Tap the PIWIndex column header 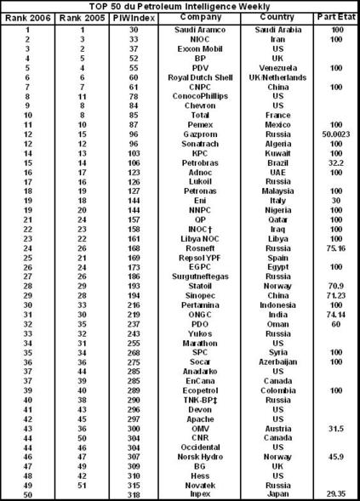coord(125,18)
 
